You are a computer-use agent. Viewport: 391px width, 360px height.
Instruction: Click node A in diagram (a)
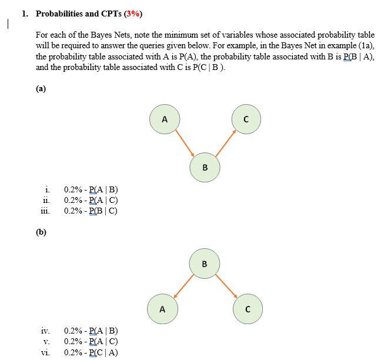pos(165,119)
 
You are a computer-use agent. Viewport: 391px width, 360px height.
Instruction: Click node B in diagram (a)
pos(205,167)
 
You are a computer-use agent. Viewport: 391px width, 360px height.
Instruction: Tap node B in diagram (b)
pos(205,263)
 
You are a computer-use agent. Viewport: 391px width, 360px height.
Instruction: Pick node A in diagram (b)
pos(162,308)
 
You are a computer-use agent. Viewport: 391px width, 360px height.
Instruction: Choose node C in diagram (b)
pos(248,308)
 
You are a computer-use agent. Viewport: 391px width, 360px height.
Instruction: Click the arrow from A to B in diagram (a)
pos(185,142)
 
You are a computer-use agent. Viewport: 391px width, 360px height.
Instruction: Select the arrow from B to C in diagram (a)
pos(226,142)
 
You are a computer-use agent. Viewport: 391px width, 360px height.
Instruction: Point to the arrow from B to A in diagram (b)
pos(183,285)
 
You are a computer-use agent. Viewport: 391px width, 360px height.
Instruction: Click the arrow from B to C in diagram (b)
pos(226,285)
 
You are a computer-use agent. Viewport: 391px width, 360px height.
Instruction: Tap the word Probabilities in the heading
pos(62,14)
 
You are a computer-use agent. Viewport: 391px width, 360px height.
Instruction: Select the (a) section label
pos(41,89)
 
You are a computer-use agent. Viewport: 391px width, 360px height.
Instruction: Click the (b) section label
pos(41,232)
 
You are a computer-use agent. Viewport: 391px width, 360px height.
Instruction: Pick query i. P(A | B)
pos(91,189)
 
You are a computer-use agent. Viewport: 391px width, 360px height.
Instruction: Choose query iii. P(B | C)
pos(91,211)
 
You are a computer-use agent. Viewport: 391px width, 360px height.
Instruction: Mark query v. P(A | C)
pos(91,341)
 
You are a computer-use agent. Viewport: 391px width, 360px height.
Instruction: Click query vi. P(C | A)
pos(91,352)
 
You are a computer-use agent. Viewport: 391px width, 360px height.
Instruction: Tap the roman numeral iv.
pos(45,331)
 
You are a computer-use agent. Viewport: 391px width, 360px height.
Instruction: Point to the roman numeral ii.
pos(46,200)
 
